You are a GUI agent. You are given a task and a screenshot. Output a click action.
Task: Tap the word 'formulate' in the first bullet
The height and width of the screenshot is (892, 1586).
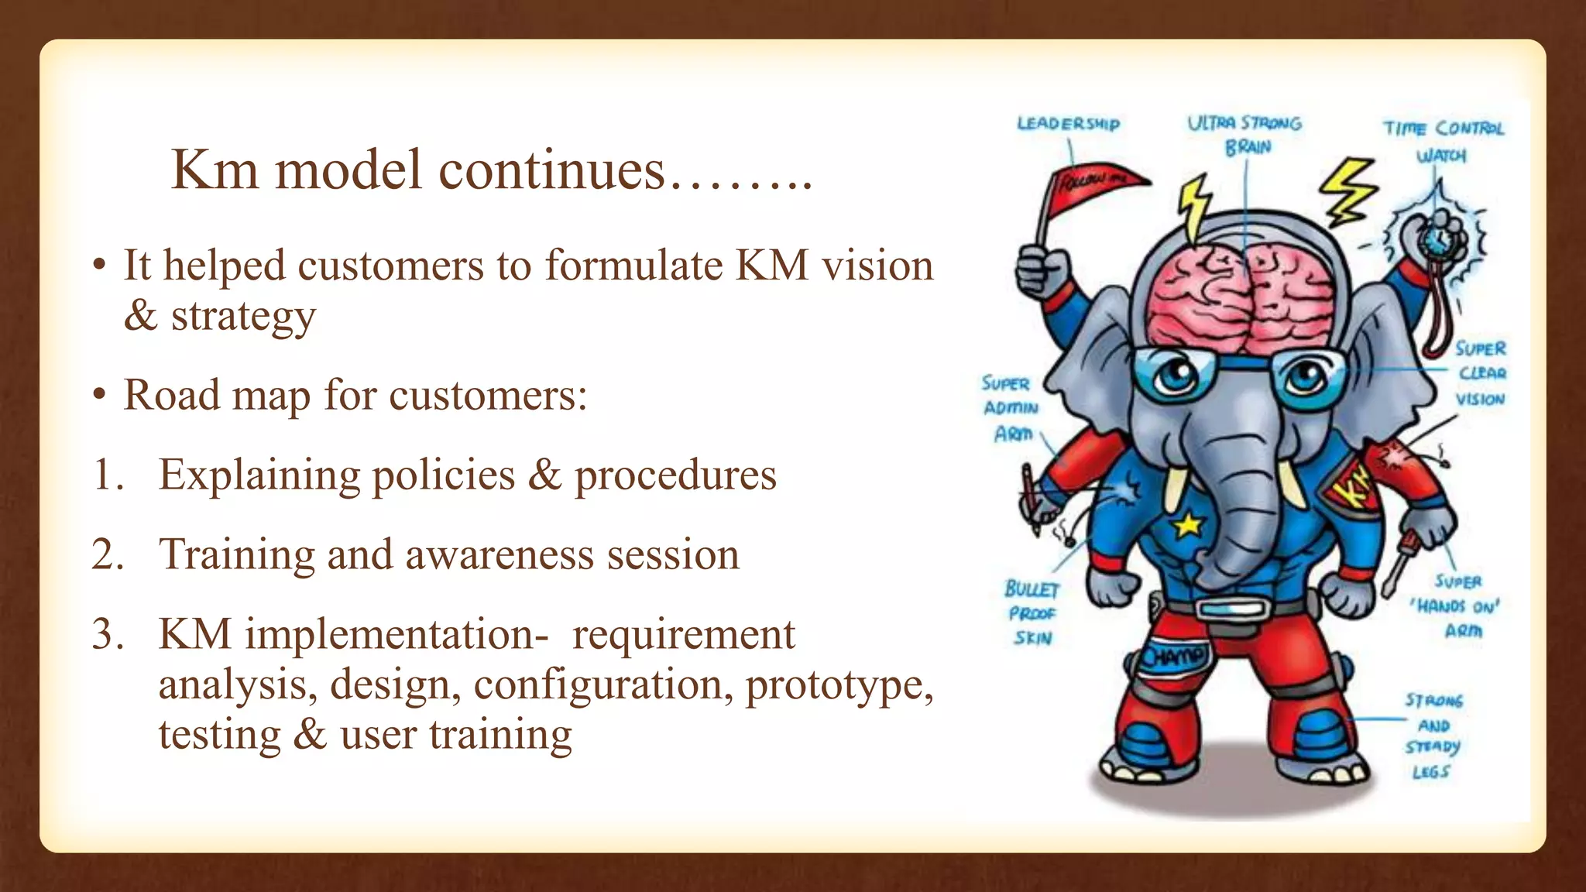click(633, 266)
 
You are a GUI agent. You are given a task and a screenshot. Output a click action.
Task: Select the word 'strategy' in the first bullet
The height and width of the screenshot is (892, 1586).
click(243, 316)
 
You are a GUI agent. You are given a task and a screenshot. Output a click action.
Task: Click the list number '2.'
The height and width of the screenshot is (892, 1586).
click(108, 554)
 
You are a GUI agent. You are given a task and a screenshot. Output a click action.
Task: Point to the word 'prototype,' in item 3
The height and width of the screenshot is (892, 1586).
click(839, 684)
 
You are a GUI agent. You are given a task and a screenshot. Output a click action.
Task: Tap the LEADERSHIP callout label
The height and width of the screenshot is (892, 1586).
click(1068, 124)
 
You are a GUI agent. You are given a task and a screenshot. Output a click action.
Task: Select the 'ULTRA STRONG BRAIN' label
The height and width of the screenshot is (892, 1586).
click(1245, 135)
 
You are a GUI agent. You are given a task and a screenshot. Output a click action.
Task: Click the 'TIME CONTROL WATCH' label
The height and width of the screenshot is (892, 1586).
click(1443, 141)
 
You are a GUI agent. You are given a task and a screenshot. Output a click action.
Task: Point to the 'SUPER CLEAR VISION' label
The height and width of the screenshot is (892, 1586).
click(1480, 373)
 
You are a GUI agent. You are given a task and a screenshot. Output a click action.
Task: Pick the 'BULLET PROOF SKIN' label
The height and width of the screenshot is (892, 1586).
click(1032, 613)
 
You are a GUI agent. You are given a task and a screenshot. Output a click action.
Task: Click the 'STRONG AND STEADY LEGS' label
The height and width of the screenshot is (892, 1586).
click(1433, 736)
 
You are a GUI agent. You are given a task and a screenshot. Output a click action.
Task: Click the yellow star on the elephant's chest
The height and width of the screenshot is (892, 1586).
click(1187, 526)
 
